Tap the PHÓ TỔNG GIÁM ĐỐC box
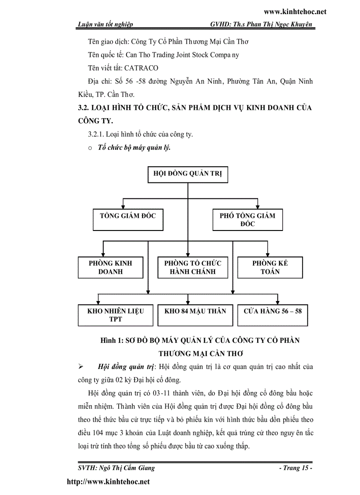(247, 220)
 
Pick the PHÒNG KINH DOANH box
(110, 267)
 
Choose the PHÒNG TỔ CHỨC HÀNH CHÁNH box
(192, 267)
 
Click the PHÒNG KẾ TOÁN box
(270, 267)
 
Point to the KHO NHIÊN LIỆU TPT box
(116, 315)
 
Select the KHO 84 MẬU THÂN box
(195, 315)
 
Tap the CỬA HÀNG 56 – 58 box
(273, 315)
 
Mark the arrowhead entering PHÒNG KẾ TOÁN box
(266, 254)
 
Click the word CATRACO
(141, 68)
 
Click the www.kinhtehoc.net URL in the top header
(295, 12)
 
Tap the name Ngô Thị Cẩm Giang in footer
(129, 468)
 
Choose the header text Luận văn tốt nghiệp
(105, 25)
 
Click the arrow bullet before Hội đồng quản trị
(80, 367)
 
